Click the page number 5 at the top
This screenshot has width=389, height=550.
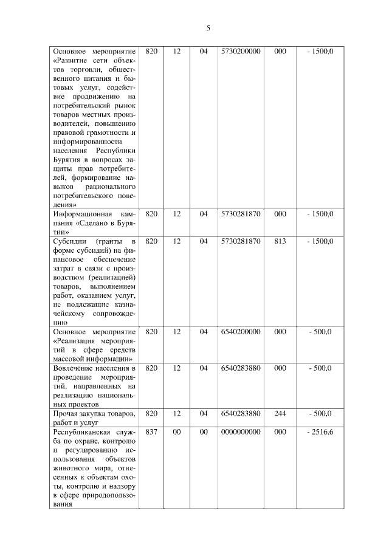coord(208,28)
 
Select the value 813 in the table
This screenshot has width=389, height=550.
coord(280,241)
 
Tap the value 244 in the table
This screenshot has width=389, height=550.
coord(280,414)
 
